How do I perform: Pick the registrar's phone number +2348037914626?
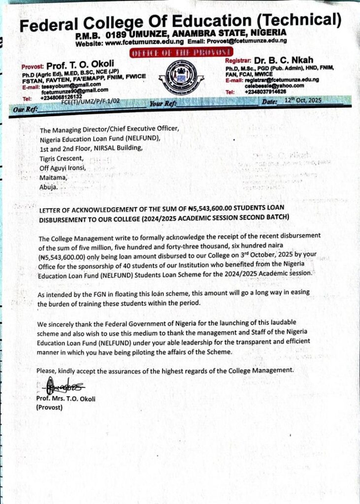tap(265, 92)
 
